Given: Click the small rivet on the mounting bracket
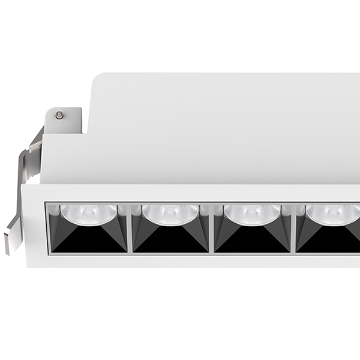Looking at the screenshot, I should click(x=59, y=115).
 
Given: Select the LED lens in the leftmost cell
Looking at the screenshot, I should click(x=88, y=213).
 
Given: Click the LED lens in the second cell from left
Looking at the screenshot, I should click(x=170, y=213).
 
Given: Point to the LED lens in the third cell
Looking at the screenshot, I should click(x=252, y=213).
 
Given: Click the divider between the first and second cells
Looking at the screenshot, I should click(x=130, y=228).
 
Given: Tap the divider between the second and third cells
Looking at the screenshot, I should click(x=211, y=228).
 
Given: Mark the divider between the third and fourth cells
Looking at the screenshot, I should click(x=293, y=228).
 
